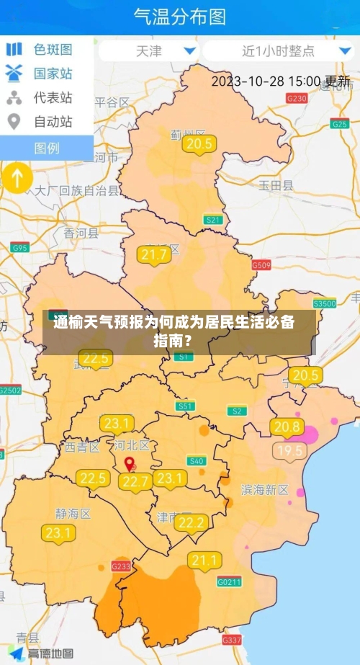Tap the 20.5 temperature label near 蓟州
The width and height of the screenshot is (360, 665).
coord(199,144)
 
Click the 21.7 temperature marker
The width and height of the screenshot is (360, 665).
coord(155,255)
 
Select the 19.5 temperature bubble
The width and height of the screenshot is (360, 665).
coord(291,452)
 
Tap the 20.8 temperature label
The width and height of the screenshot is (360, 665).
coord(288,427)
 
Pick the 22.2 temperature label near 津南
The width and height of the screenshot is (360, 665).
coord(192,523)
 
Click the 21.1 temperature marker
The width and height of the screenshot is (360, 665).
coord(204,560)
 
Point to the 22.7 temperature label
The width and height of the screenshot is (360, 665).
coord(136,481)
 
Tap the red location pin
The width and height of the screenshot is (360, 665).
coord(130,465)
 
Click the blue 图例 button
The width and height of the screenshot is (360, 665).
coord(47,148)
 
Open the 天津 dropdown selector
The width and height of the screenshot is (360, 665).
coord(149,51)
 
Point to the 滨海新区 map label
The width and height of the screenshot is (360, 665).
coord(264,490)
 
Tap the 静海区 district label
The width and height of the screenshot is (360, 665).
coord(73,514)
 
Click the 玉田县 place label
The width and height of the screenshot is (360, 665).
coord(276,185)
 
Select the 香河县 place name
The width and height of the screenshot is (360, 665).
coord(81,233)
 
